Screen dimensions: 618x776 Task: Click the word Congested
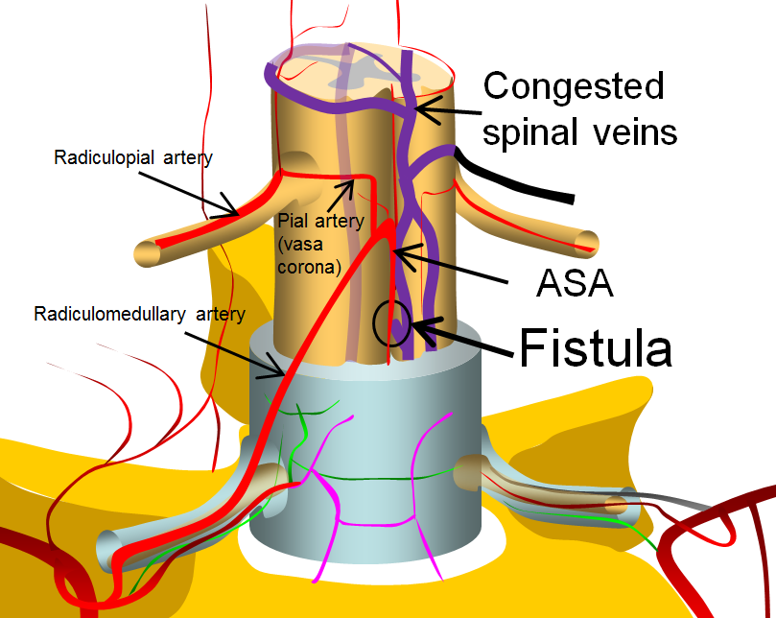coord(574,86)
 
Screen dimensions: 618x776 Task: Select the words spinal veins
coord(579,131)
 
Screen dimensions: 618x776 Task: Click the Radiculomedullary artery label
coord(140,313)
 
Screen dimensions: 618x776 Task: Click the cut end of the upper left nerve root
coord(144,255)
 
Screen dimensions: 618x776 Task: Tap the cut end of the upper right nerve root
coord(586,242)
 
